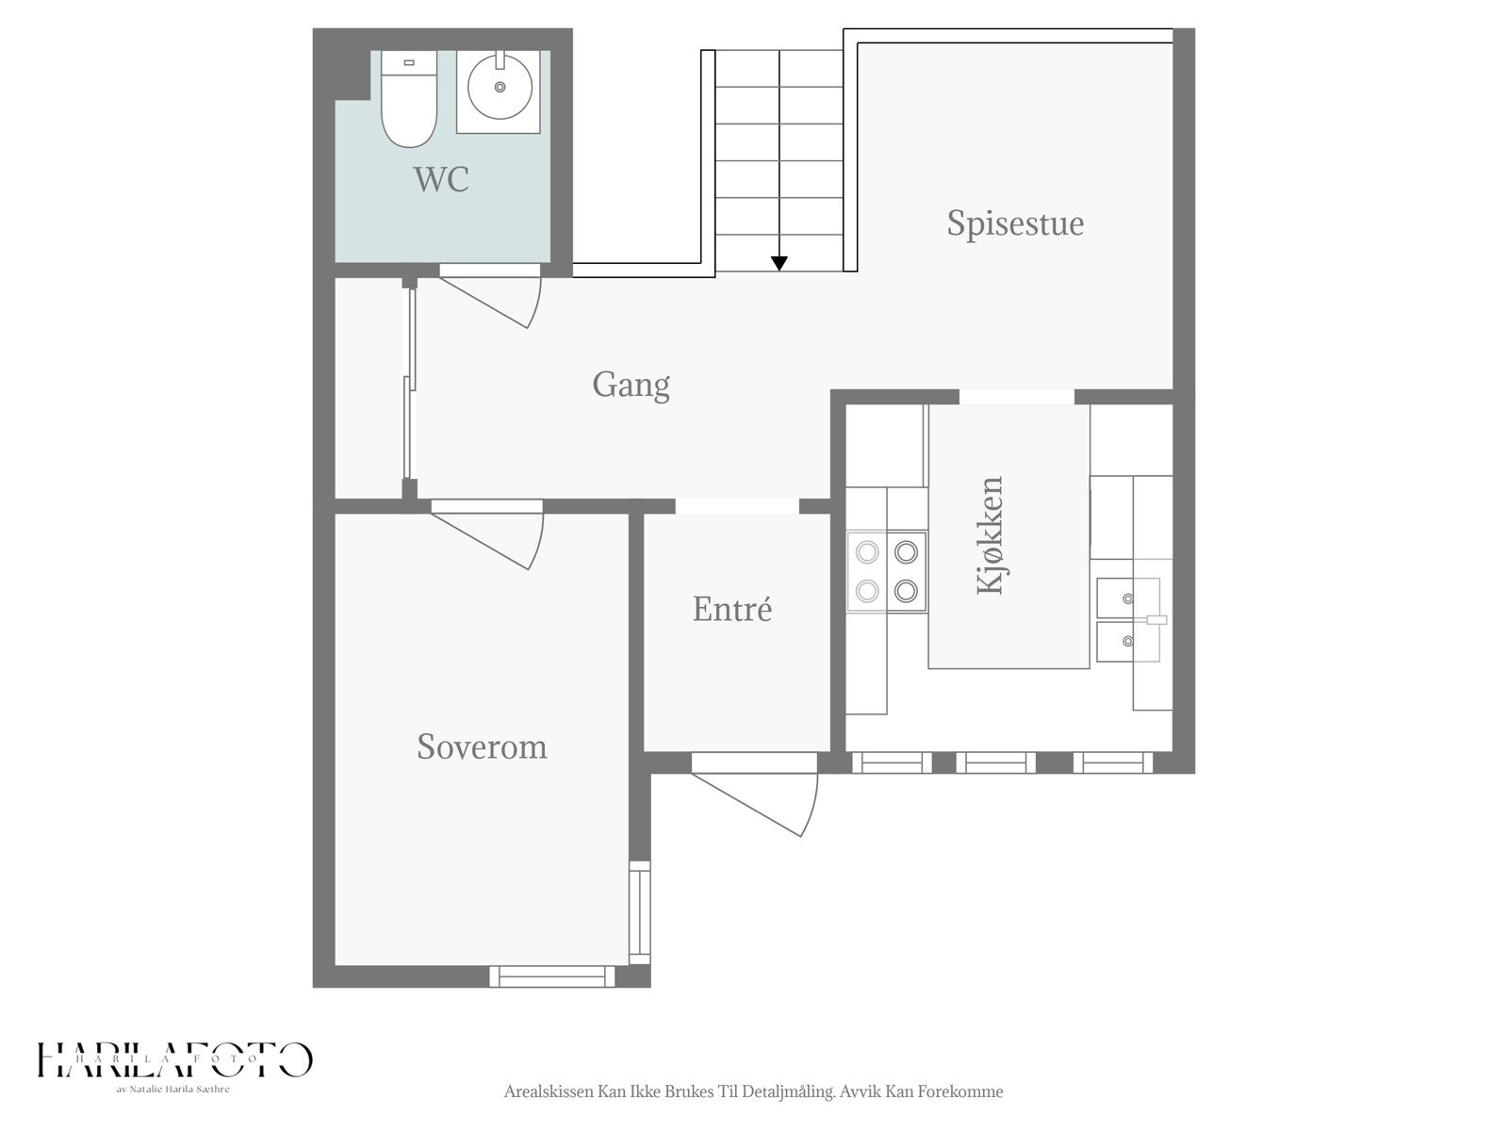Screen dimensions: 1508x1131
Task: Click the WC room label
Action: (441, 179)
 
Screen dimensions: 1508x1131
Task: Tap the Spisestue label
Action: (1015, 223)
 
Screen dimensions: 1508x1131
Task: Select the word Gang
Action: (631, 385)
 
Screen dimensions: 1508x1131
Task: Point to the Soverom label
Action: (482, 747)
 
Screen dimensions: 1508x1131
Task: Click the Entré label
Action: (731, 609)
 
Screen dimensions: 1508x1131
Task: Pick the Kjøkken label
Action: (990, 535)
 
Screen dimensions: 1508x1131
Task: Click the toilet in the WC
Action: (409, 99)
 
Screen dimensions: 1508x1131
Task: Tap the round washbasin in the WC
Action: (500, 88)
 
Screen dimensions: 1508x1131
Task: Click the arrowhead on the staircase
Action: (779, 263)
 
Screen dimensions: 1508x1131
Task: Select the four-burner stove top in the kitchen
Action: (886, 571)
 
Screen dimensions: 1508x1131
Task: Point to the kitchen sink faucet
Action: (1156, 620)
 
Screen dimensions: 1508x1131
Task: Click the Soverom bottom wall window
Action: (551, 975)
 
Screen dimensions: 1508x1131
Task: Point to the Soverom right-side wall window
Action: (640, 912)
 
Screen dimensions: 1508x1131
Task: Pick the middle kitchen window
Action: (995, 762)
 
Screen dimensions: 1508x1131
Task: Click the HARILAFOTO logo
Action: (174, 1060)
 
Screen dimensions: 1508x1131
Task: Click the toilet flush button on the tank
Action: (409, 62)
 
